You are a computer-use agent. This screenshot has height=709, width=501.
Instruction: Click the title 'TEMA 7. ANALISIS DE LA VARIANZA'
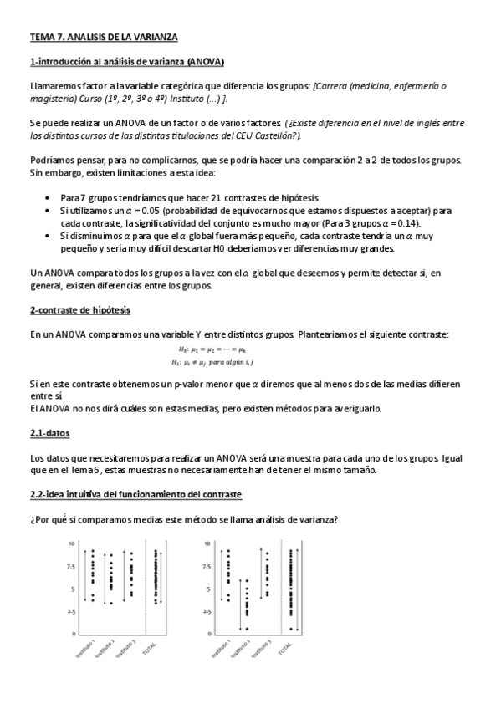(x=104, y=38)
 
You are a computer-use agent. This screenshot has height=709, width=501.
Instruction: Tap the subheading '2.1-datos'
(x=49, y=433)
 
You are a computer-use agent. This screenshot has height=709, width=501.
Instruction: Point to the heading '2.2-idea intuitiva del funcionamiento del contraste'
(x=135, y=495)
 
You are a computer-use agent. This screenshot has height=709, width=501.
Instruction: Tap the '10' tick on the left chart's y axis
(x=71, y=543)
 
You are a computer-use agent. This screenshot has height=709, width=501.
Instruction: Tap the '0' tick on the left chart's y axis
(x=73, y=633)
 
